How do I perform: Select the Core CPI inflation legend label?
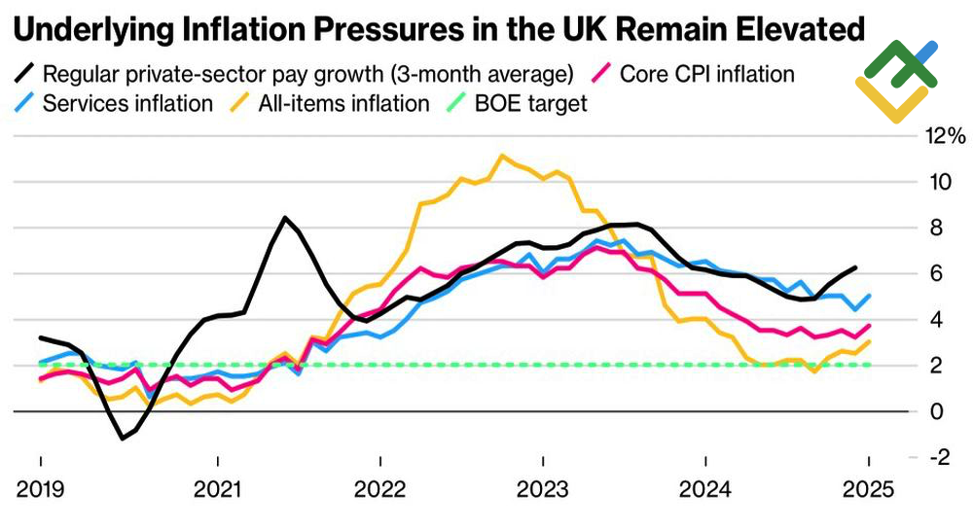pyautogui.click(x=707, y=73)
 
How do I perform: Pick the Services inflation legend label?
pyautogui.click(x=127, y=103)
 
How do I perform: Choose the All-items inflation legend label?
pyautogui.click(x=343, y=103)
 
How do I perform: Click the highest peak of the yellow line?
pyautogui.click(x=501, y=155)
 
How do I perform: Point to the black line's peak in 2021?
pyautogui.click(x=284, y=217)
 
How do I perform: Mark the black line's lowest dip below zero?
pyautogui.click(x=123, y=439)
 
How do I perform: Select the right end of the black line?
pyautogui.click(x=855, y=267)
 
